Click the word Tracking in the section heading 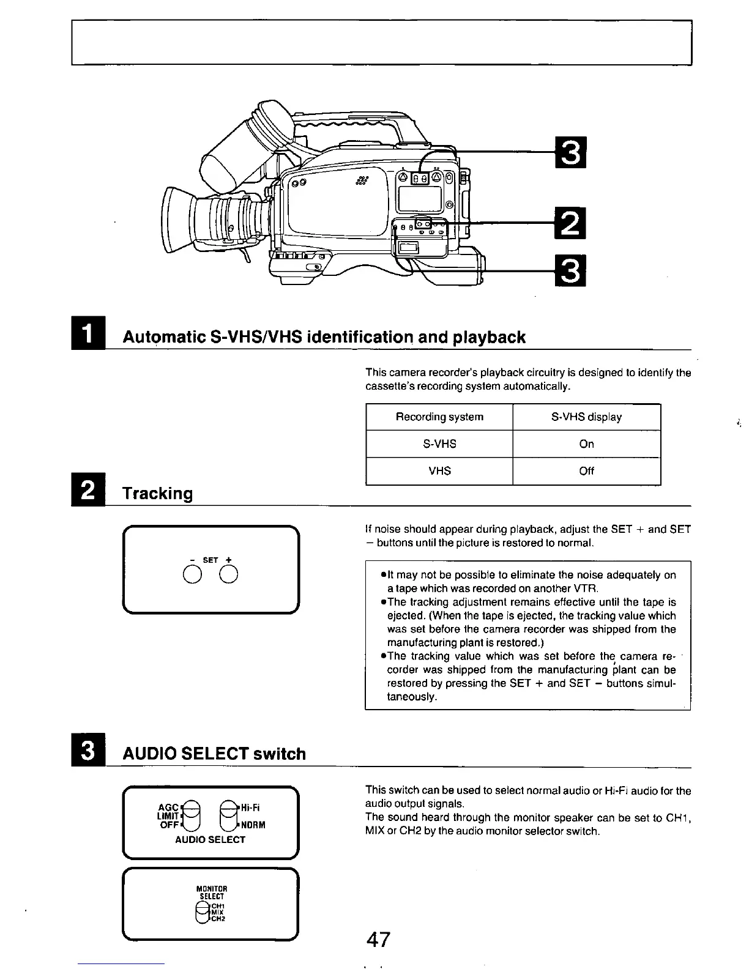click(x=158, y=494)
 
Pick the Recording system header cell click(x=439, y=417)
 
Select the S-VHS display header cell click(x=586, y=417)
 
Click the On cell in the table click(x=586, y=444)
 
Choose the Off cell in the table click(x=586, y=471)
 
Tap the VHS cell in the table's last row click(x=439, y=471)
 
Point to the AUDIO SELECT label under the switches click(x=210, y=840)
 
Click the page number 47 click(x=378, y=939)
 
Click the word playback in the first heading click(x=489, y=337)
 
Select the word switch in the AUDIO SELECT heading click(x=280, y=754)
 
